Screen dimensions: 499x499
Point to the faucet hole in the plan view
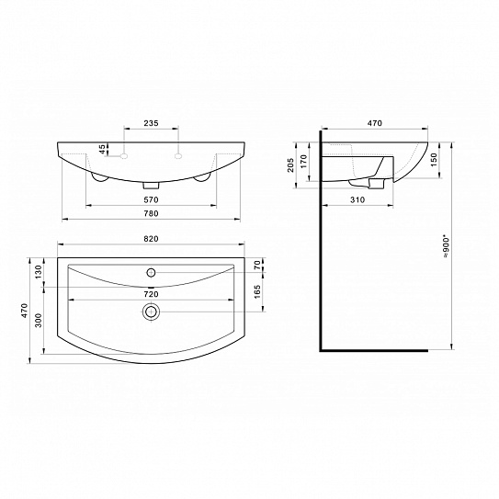coord(151,272)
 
